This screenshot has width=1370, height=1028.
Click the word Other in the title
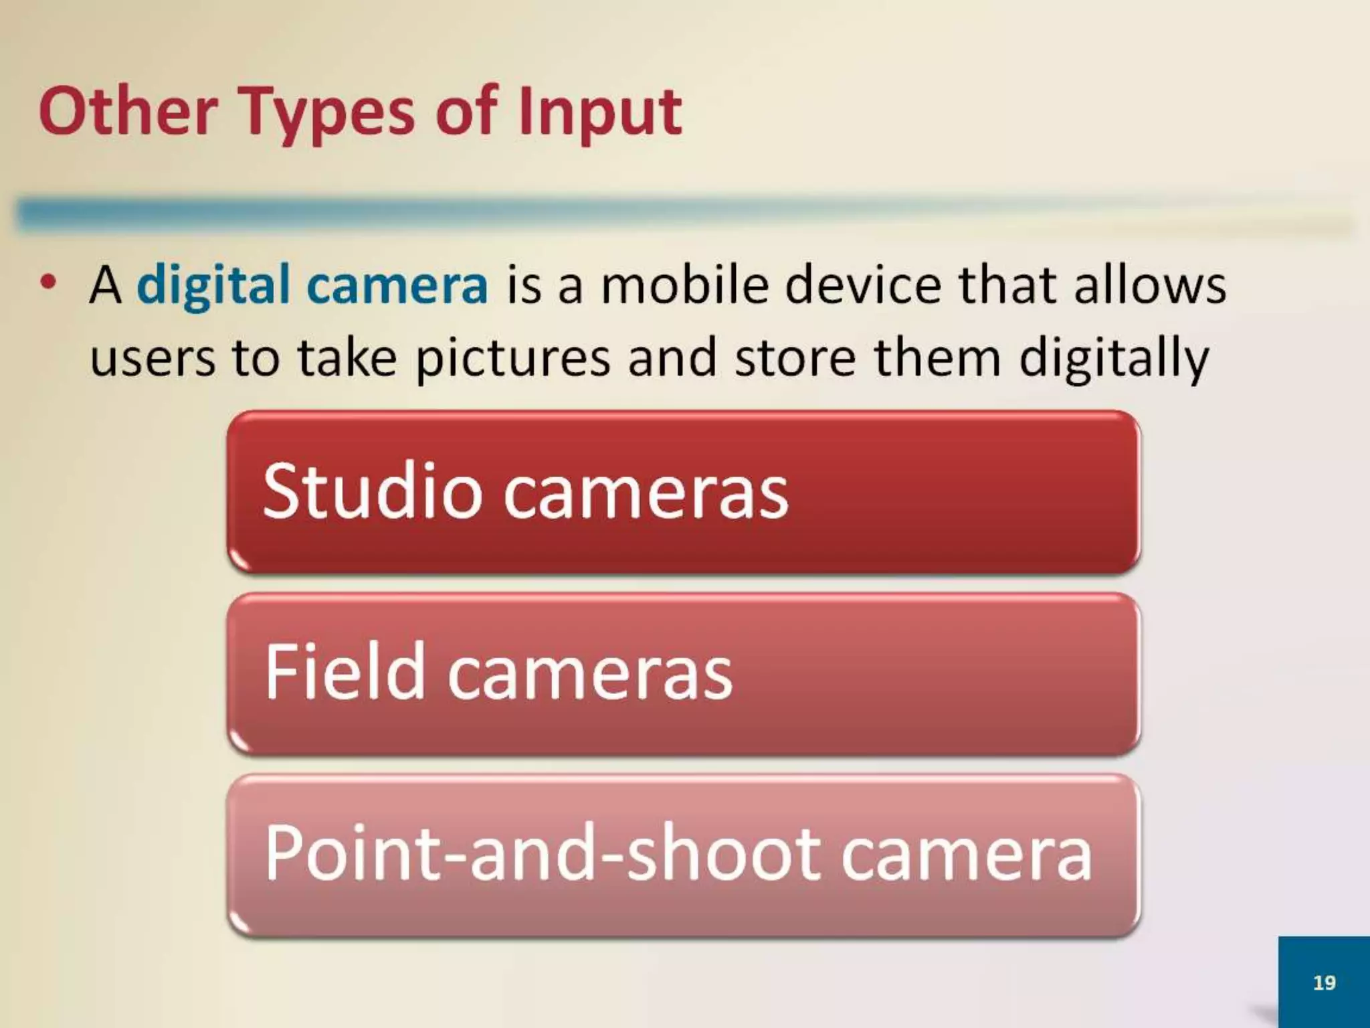click(x=128, y=112)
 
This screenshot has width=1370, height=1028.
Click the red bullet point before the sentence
click(x=47, y=284)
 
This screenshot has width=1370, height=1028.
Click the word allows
click(x=1150, y=284)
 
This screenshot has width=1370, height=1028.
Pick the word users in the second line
click(x=153, y=358)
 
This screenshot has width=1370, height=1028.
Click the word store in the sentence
click(x=795, y=358)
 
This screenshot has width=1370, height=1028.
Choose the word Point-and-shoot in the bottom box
click(x=542, y=853)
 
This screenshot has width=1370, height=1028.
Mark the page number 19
click(x=1324, y=982)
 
